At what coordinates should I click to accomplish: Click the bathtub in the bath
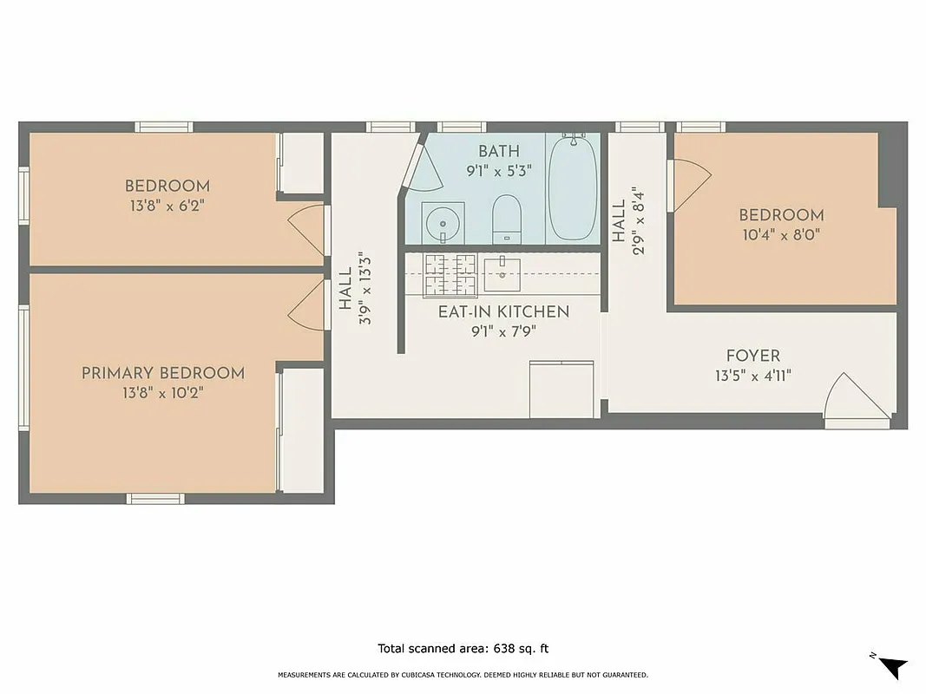pos(573,187)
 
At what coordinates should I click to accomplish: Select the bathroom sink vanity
pos(443,223)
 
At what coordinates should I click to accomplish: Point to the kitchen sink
pos(502,273)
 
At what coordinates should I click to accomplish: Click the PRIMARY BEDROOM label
pos(163,373)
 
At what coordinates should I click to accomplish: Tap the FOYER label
pos(752,356)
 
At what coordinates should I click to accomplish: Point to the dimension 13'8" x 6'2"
pos(167,206)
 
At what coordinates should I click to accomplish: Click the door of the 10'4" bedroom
pos(690,185)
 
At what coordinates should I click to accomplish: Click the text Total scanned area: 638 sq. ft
pos(463,648)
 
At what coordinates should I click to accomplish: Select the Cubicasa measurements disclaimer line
pos(463,675)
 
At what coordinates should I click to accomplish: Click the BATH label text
pos(499,152)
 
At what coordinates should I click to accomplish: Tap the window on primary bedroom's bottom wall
pos(156,499)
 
